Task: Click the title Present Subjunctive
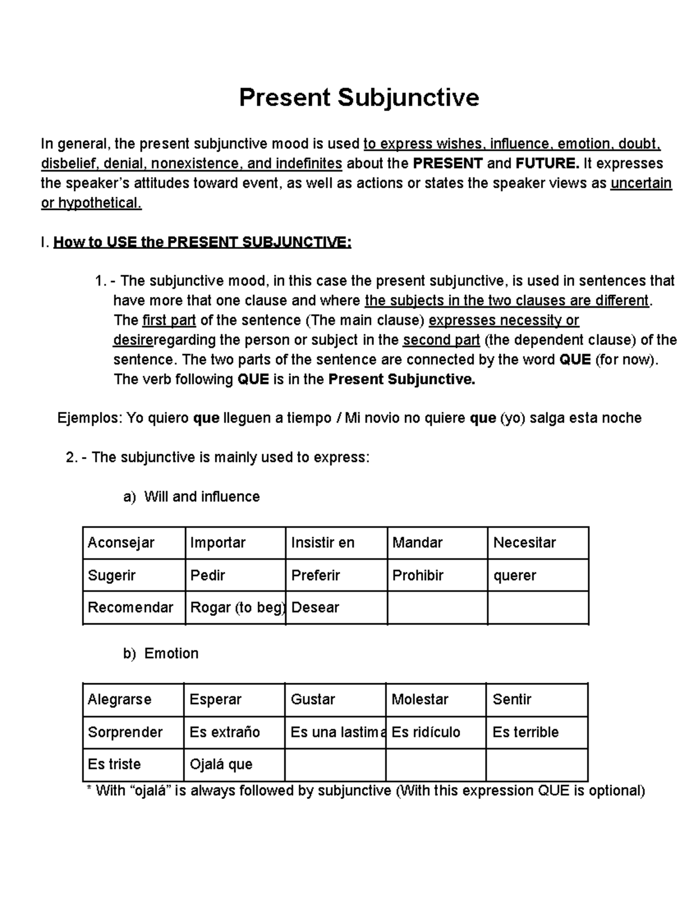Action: [x=359, y=97]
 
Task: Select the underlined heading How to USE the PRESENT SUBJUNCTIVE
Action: [x=202, y=242]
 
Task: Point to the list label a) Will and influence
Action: [x=191, y=497]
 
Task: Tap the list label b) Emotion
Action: [x=161, y=654]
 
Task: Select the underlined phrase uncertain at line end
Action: [x=641, y=184]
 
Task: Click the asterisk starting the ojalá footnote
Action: [x=89, y=790]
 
